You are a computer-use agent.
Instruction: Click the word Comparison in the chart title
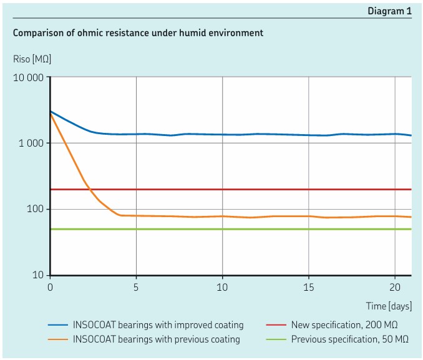38,32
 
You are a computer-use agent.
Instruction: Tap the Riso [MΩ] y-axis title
32,59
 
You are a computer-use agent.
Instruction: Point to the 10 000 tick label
28,77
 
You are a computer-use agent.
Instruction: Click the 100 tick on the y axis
36,209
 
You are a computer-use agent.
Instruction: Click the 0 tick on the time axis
51,287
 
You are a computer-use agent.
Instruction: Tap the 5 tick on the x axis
136,287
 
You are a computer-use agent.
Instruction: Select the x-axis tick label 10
222,287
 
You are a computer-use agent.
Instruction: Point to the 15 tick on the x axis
308,287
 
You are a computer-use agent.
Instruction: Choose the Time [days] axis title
389,306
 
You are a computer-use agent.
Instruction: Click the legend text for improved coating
158,325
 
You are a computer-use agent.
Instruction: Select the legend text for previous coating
156,339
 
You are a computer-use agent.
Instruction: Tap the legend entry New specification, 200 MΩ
344,325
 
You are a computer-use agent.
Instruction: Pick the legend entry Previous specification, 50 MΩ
349,339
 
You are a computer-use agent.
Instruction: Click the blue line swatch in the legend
58,325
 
